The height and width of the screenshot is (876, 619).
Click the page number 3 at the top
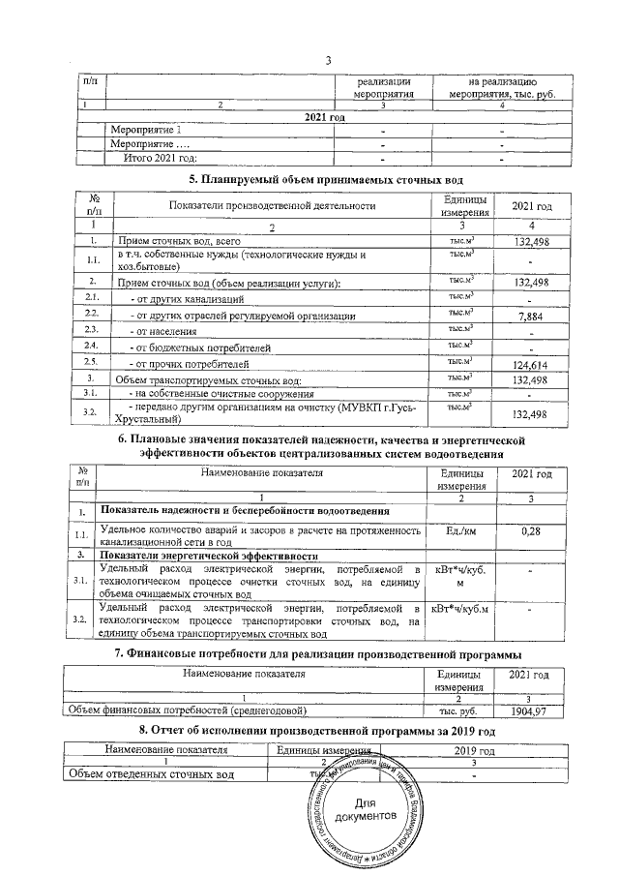click(329, 62)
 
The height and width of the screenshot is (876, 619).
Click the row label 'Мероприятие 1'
click(145, 130)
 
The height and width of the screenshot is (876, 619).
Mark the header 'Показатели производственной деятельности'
click(271, 204)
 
